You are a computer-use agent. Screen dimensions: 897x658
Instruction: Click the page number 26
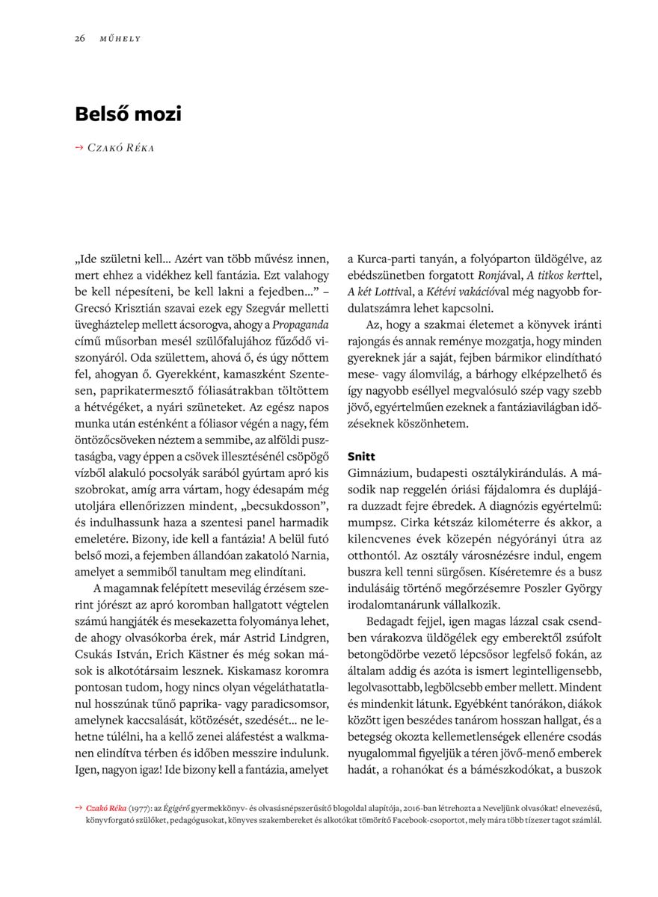79,38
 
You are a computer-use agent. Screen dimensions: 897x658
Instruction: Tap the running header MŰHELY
120,38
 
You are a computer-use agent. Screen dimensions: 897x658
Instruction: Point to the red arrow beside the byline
79,148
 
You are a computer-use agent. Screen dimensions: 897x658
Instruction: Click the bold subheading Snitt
361,456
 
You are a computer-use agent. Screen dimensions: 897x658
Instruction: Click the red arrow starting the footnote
79,808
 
